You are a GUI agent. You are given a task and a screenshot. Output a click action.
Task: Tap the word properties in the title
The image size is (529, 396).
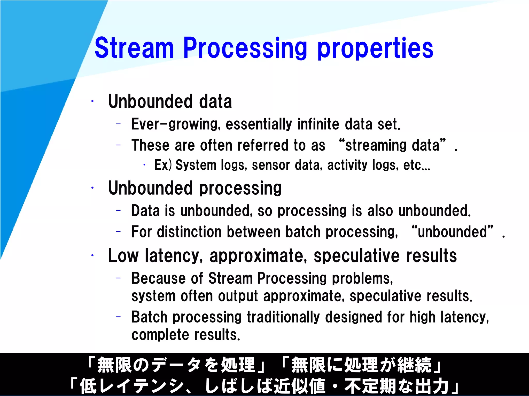click(x=375, y=49)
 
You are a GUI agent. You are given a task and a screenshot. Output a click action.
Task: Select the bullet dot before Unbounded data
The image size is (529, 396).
click(x=92, y=101)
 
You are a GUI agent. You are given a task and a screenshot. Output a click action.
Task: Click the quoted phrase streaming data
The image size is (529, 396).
click(x=392, y=145)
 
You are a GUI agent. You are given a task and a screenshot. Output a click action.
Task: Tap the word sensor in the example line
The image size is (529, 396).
click(x=271, y=165)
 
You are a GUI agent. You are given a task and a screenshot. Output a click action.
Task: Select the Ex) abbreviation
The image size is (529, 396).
click(x=163, y=165)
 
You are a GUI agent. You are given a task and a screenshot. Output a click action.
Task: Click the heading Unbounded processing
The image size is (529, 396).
click(x=195, y=188)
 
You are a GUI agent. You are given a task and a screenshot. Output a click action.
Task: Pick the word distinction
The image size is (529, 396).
click(x=189, y=232)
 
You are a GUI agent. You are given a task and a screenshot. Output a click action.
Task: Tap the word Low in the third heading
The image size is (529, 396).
click(x=123, y=256)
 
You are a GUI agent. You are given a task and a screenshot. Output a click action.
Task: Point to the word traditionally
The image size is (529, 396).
click(x=283, y=317)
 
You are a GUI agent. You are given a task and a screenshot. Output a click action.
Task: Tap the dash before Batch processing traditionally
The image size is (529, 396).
click(x=119, y=317)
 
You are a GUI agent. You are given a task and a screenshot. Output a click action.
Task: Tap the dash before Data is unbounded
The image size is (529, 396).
click(x=119, y=210)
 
